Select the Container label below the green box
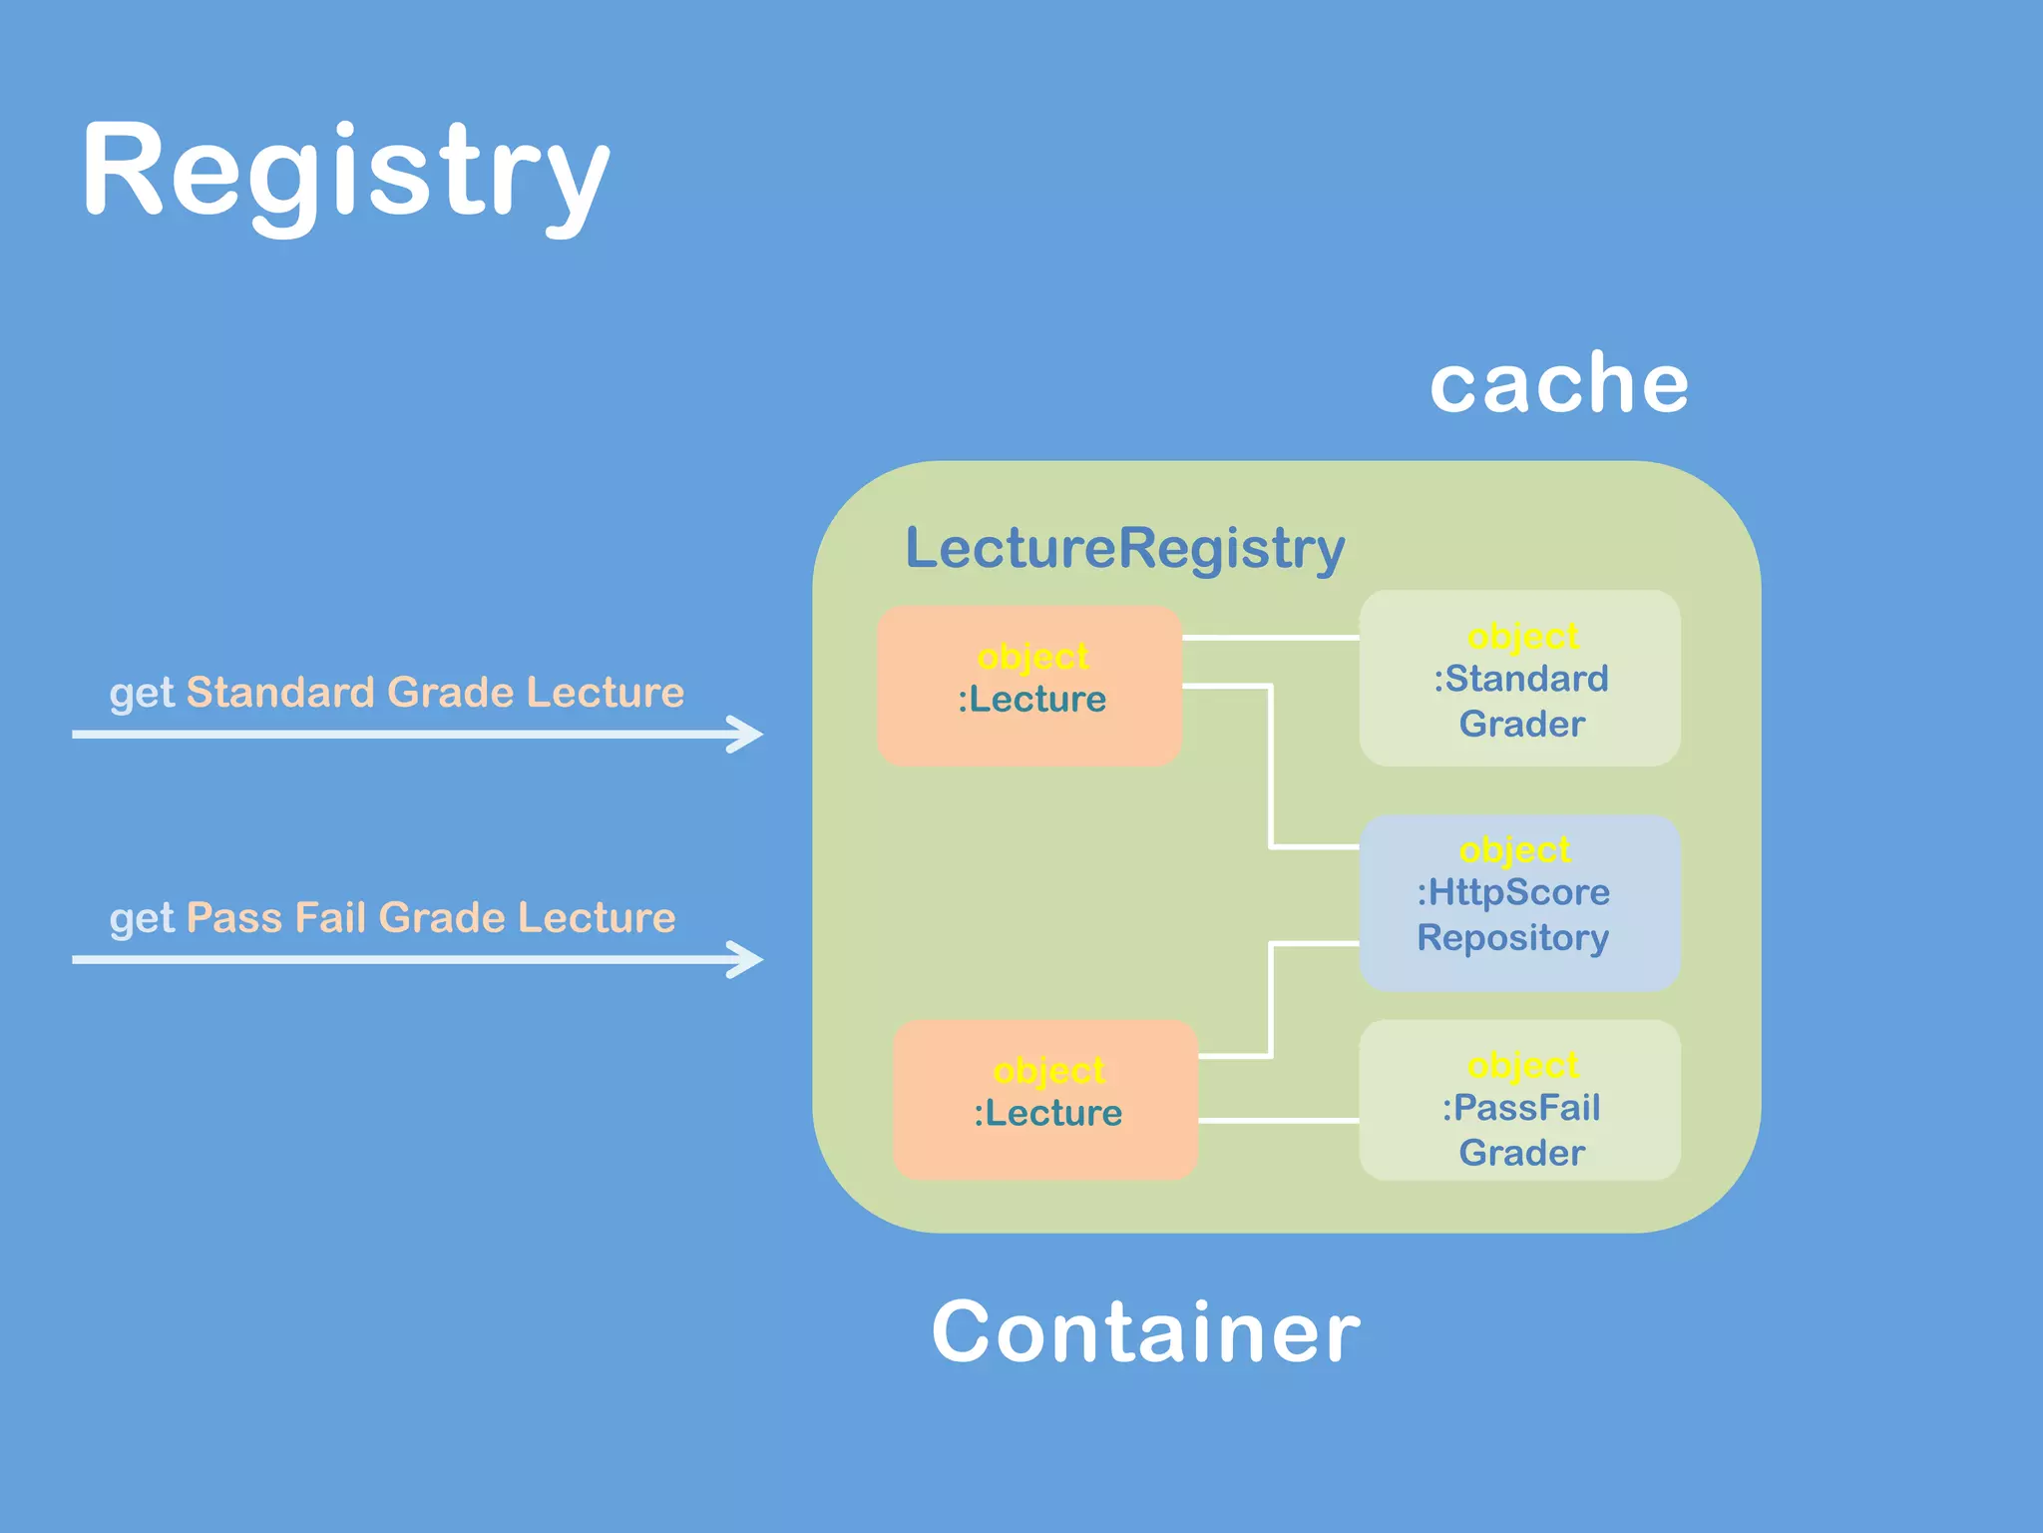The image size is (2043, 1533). point(1145,1332)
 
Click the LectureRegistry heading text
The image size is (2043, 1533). point(1124,548)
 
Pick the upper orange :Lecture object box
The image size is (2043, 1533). point(1029,687)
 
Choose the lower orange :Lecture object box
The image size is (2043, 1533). point(1045,1100)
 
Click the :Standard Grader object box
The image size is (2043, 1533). point(1519,679)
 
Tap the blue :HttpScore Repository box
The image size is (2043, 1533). point(1519,903)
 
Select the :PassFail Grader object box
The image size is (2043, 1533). point(1519,1100)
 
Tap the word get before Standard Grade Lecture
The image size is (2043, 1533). point(142,695)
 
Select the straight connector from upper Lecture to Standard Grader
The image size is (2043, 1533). point(1270,637)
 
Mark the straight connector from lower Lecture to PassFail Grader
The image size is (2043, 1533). point(1278,1121)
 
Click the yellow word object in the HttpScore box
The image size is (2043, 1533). point(1513,850)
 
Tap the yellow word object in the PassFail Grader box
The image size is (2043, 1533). point(1522,1066)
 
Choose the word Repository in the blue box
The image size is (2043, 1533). point(1512,938)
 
